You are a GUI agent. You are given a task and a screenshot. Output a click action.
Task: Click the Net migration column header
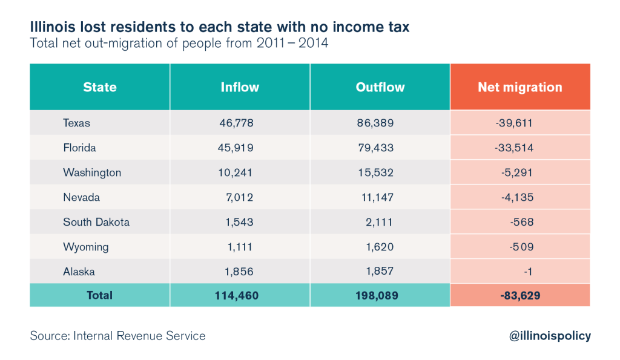click(x=520, y=87)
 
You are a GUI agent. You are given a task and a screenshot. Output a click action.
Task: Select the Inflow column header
click(x=240, y=87)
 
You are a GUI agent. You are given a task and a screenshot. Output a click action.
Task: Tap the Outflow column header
click(x=380, y=87)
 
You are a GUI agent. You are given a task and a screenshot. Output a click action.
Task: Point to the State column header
click(x=100, y=87)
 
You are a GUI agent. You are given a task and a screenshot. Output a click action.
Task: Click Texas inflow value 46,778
click(x=237, y=123)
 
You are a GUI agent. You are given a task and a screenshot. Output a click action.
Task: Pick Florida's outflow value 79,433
click(x=375, y=148)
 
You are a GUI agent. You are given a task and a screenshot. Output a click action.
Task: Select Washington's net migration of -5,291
click(x=517, y=172)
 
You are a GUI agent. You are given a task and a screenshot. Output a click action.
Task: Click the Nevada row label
click(x=82, y=197)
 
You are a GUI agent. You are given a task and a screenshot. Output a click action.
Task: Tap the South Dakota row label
click(x=96, y=222)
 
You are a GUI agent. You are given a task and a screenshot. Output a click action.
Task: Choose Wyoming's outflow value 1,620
click(x=380, y=247)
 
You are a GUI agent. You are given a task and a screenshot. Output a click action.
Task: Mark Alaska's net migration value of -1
click(x=528, y=272)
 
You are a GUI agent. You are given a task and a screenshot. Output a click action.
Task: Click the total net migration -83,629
click(x=520, y=296)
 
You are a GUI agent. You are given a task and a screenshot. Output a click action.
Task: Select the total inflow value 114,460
click(x=237, y=296)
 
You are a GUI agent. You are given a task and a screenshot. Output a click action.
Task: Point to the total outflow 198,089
click(x=377, y=296)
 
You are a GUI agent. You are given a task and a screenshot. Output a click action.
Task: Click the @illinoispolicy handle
click(x=550, y=336)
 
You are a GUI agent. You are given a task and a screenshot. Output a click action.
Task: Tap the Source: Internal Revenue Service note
click(x=118, y=336)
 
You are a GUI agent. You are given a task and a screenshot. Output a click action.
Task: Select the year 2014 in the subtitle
click(x=313, y=43)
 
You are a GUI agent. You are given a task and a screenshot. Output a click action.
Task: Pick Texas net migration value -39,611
click(x=514, y=123)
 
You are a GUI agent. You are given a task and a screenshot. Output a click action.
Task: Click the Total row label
click(x=100, y=295)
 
